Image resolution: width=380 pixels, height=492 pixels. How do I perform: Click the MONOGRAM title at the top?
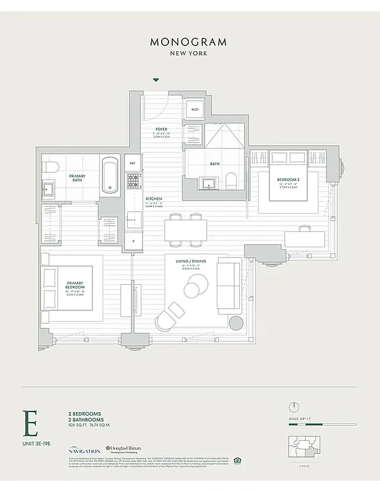point(188,42)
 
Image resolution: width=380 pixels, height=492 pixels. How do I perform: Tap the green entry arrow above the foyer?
point(156,80)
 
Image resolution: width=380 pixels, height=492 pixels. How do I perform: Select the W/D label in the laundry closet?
point(195,110)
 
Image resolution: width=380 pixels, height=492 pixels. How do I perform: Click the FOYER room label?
point(161,130)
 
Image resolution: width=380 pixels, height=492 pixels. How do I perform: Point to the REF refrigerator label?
point(132,163)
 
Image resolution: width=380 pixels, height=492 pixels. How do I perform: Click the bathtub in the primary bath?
point(111,175)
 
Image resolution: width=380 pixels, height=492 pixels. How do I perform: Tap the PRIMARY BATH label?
point(77,178)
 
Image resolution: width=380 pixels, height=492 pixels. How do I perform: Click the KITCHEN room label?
point(154,199)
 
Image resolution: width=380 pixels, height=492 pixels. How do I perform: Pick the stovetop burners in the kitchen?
point(132,181)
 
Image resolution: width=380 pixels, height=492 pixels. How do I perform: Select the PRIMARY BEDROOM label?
point(75,285)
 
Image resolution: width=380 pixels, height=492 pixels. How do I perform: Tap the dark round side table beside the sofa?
point(236,323)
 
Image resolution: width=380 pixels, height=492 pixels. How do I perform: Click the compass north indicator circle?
point(294,407)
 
